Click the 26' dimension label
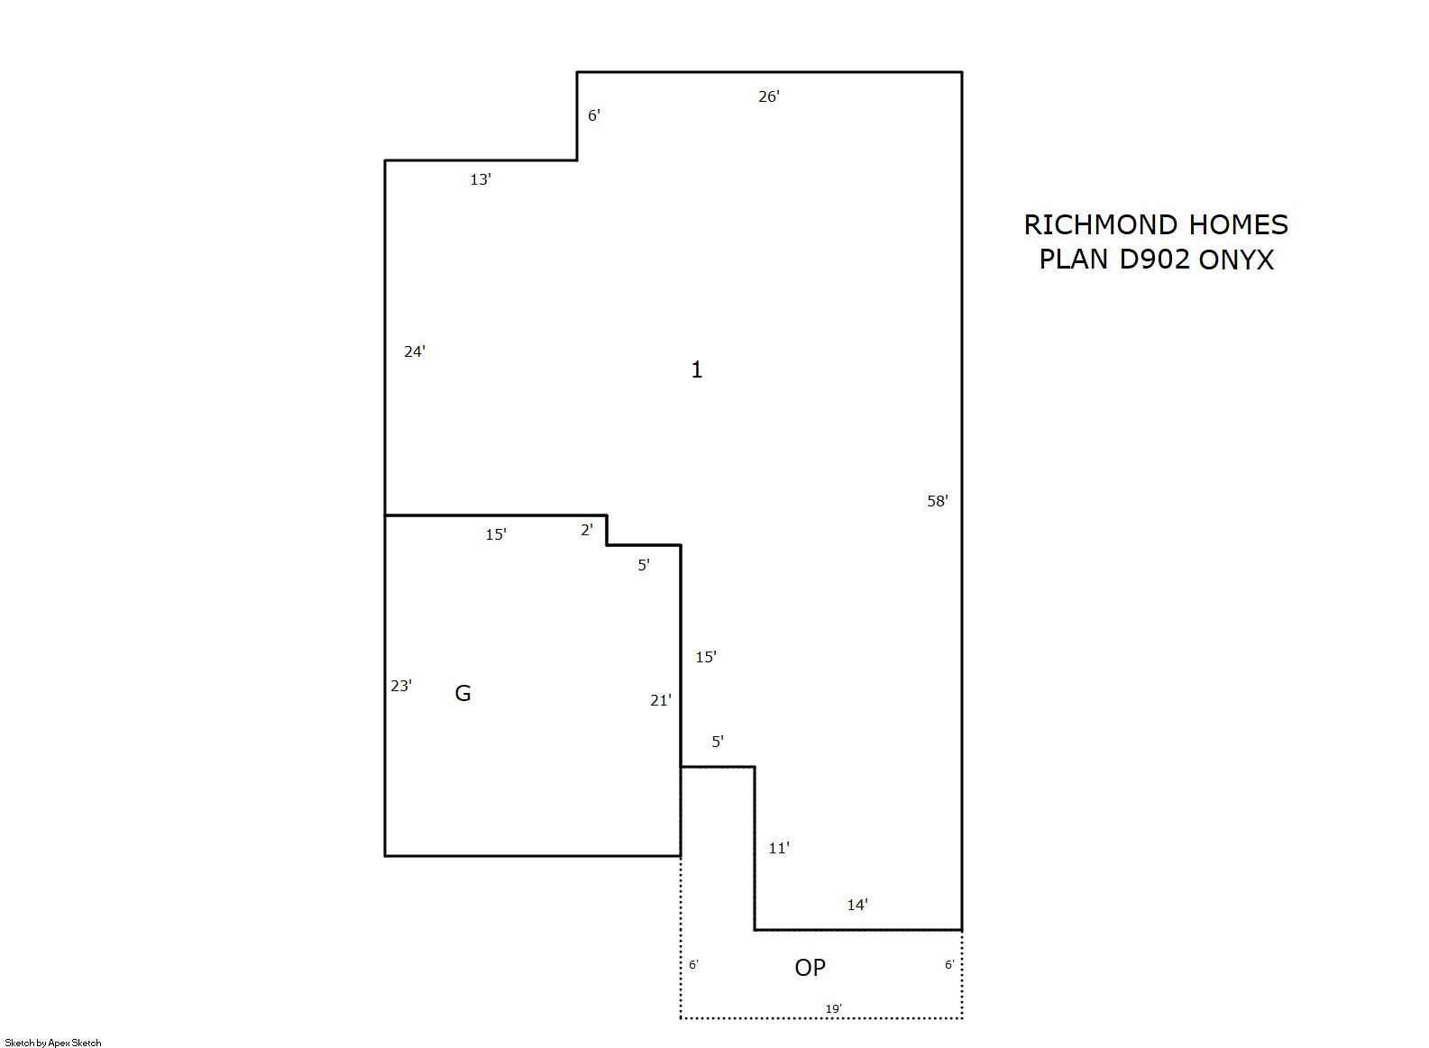click(769, 96)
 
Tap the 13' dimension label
click(481, 179)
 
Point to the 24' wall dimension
click(415, 351)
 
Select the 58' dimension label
click(938, 501)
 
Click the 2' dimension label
click(587, 530)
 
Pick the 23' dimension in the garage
click(401, 686)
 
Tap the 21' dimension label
click(661, 700)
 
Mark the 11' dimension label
click(779, 848)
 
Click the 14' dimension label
click(857, 905)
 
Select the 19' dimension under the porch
click(834, 1008)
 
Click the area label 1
click(697, 369)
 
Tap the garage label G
click(463, 693)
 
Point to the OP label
click(811, 968)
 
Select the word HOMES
click(1239, 225)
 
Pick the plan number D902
click(1155, 260)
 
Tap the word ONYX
click(1236, 260)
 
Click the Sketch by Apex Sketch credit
click(53, 1043)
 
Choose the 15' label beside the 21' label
click(706, 657)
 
